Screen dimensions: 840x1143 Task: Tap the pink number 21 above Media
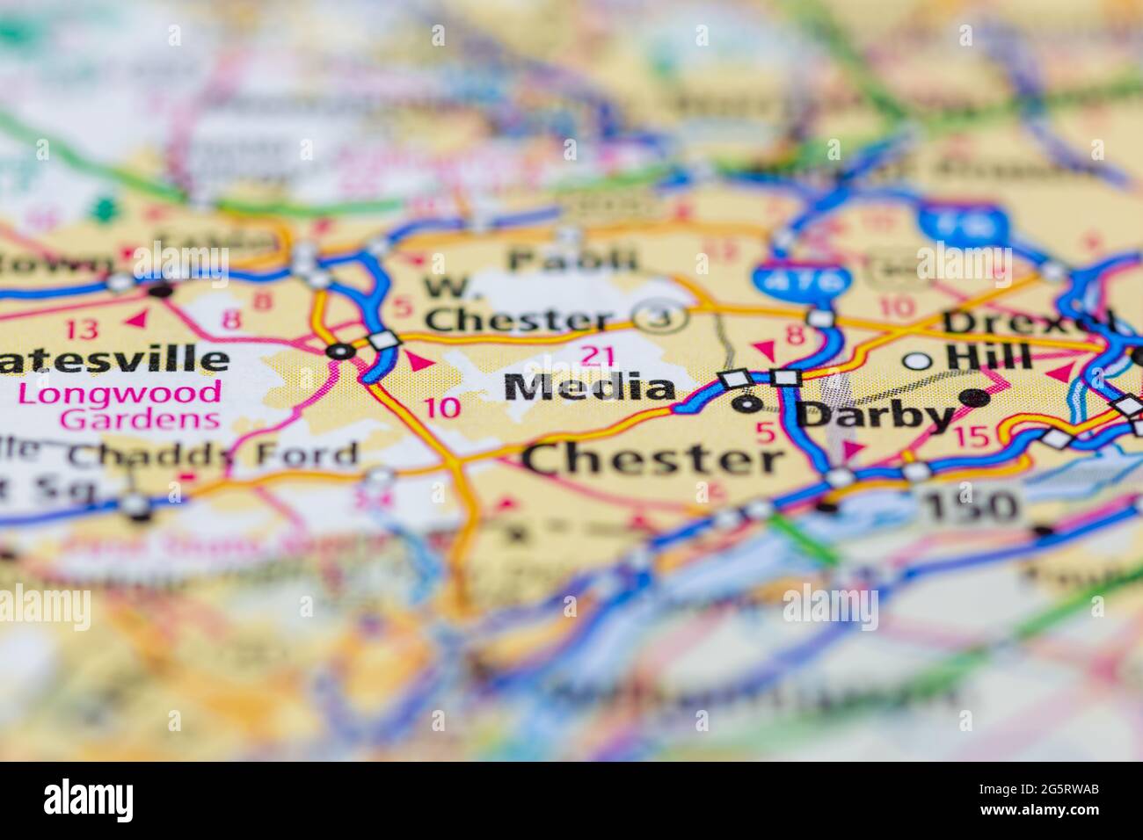(598, 356)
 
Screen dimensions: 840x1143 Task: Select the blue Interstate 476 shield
(801, 281)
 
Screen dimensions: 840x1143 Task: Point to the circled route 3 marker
(662, 318)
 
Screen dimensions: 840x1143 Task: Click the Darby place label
(876, 415)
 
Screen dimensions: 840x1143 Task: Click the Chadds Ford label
(214, 455)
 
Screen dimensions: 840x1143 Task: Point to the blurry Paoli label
(572, 259)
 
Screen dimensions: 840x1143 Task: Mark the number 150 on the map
(971, 505)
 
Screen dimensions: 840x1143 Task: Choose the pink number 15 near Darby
(972, 436)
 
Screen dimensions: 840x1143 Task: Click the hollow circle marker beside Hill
(918, 360)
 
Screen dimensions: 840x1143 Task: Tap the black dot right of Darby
(973, 398)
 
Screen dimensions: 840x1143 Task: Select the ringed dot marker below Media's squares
(748, 403)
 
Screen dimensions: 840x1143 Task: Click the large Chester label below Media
(653, 460)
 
